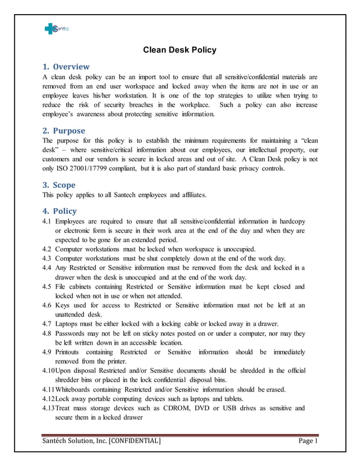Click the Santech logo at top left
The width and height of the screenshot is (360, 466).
coord(55,29)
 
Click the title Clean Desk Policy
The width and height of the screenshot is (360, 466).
coord(179,50)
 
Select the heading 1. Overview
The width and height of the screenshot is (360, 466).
coord(66,67)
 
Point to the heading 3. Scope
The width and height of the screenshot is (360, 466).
coord(59,184)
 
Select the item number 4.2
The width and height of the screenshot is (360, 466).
coord(47,249)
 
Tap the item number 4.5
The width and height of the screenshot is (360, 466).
coord(47,287)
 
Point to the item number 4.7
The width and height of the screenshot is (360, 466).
coord(47,324)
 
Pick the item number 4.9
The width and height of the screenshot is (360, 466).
coord(47,352)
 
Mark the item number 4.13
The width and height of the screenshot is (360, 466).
coord(49,408)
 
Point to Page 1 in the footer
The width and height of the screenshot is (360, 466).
coord(308,441)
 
